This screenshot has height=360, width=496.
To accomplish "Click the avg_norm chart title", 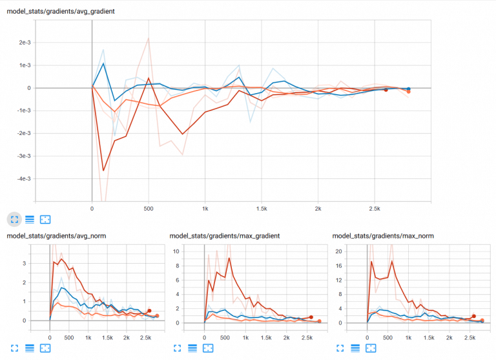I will coord(56,236).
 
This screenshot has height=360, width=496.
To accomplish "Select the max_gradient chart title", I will coord(224,236).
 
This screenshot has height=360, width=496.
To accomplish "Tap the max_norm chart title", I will coord(382,236).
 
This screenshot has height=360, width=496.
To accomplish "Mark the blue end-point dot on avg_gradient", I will coord(408,89).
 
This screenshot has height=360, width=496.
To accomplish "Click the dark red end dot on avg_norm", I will coord(149,311).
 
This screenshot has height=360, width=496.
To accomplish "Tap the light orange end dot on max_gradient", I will coord(320,321).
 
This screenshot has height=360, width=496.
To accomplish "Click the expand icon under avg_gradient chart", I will coord(14,220).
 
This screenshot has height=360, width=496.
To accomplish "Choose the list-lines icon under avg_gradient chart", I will coord(29,220).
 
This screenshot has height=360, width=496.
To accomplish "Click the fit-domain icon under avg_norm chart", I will coord(45,348).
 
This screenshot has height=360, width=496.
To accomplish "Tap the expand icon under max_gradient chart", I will coord(177,348).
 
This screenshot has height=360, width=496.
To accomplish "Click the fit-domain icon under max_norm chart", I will coord(371,348).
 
